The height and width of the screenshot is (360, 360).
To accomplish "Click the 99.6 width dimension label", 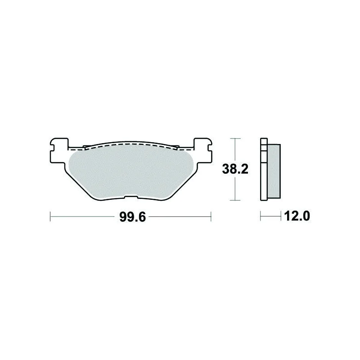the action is click(132, 217).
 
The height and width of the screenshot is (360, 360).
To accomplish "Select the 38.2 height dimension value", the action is click(235, 170).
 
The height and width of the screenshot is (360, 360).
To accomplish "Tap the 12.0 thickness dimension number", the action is click(297, 216).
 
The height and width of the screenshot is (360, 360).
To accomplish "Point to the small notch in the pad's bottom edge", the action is click(131, 197).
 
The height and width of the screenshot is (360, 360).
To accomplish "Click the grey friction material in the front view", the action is click(131, 171).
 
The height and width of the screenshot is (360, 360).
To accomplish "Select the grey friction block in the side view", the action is click(274, 171).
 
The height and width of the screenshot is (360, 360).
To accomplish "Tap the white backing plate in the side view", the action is click(264, 170).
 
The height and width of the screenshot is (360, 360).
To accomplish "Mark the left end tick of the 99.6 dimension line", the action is click(50, 216).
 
